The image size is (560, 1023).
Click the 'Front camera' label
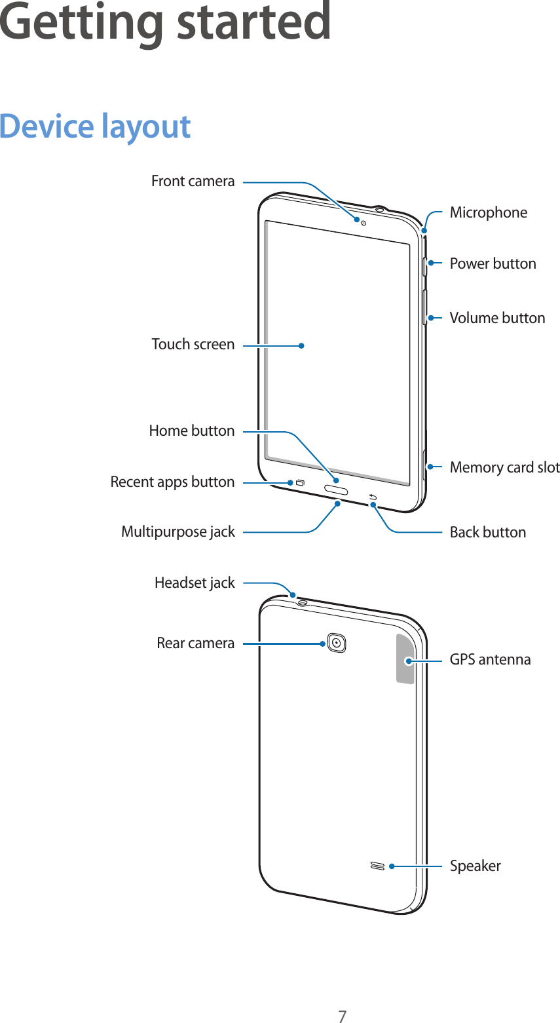coord(193,181)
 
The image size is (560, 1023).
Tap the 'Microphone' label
coord(488,212)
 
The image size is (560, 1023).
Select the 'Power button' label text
coord(493,263)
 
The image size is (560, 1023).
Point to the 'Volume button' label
coord(497,318)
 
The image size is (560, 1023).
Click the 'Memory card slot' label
coord(504,467)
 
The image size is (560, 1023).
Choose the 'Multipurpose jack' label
coord(178,531)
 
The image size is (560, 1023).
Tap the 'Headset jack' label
coord(195,583)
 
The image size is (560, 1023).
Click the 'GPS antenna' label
coord(490,659)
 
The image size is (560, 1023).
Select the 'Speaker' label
coord(475,866)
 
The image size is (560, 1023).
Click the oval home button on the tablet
coord(336,490)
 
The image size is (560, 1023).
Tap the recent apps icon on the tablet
coord(300,483)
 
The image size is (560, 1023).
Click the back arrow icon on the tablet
coord(373,496)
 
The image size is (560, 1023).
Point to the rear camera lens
coord(336,643)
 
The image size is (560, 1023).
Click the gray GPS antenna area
coord(405,659)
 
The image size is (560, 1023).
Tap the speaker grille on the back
coord(377,866)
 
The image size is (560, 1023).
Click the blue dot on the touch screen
coord(301,345)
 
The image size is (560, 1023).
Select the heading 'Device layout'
coord(95,126)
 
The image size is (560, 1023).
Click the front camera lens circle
coord(364,223)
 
